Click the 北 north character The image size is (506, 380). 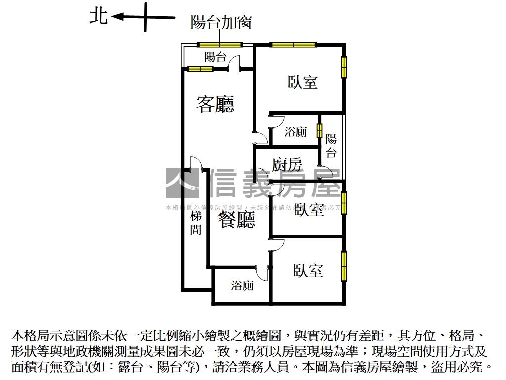98,16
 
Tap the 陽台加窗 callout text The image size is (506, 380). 221,22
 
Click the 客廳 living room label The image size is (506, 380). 215,104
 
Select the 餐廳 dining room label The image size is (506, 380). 237,220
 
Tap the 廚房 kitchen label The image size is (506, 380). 287,164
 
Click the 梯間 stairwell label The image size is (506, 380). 196,223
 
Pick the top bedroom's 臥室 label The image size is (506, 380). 302,82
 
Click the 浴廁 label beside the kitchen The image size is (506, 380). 296,132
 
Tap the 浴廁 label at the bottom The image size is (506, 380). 243,285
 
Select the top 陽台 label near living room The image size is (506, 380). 215,56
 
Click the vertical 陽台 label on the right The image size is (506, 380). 331,146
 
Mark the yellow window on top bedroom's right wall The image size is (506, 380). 344,67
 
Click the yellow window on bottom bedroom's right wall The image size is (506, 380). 344,266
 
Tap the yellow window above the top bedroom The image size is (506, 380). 293,45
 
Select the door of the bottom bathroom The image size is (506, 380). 263,272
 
